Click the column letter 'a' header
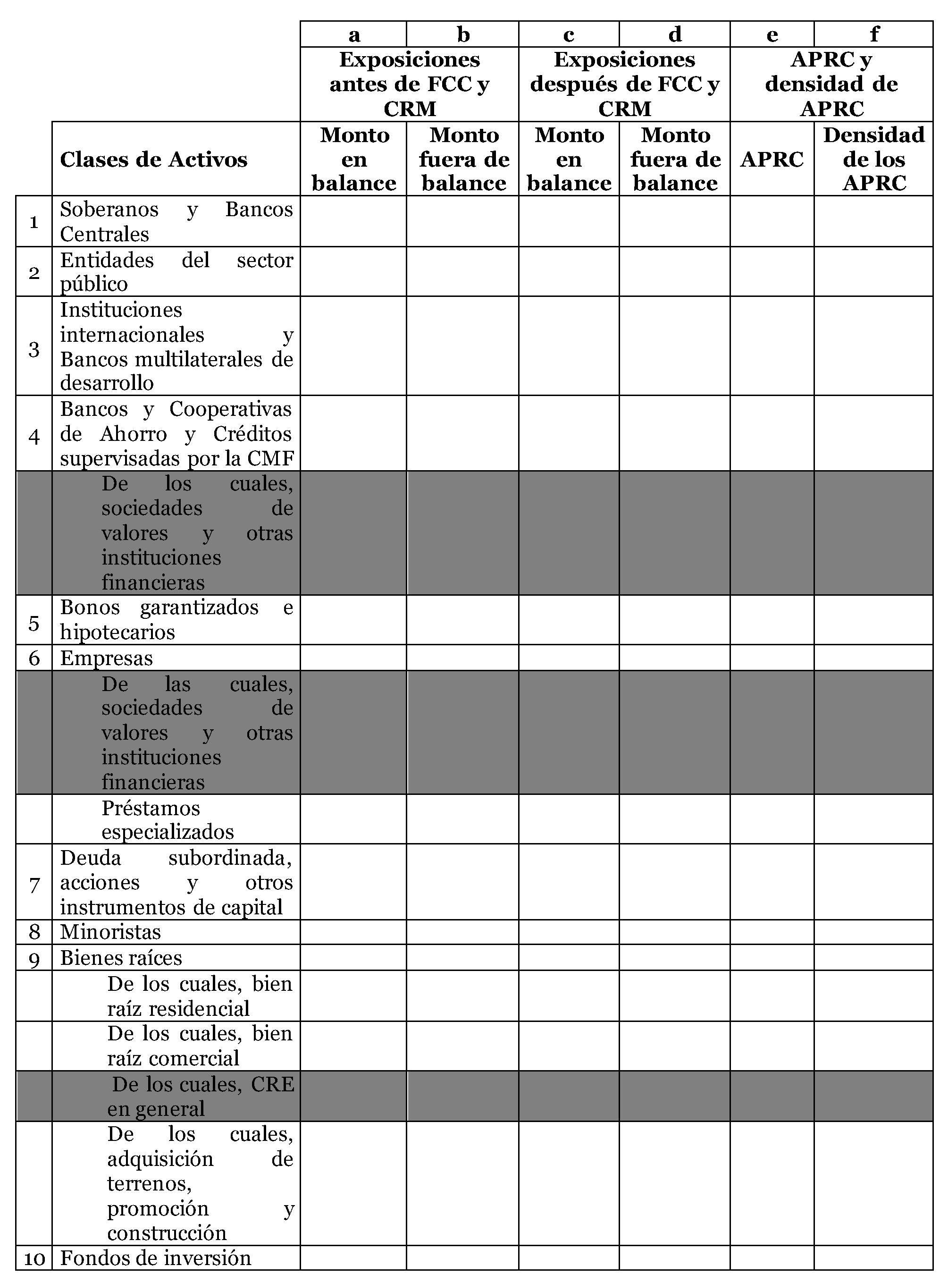(353, 34)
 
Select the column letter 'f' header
(873, 34)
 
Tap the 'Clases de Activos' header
(154, 159)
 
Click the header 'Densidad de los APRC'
(873, 159)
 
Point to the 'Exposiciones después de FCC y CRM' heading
(624, 84)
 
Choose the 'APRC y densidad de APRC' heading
(831, 84)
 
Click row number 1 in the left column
(34, 221)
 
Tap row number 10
(34, 1259)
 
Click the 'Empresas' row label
(107, 658)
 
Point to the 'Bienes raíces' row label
(121, 957)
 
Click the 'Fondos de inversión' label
(156, 1258)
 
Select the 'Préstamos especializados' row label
(168, 819)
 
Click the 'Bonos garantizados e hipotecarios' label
(176, 619)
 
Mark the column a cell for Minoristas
(353, 932)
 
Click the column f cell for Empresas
(873, 658)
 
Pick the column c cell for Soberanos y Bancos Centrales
(569, 221)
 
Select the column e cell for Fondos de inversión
(772, 1258)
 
